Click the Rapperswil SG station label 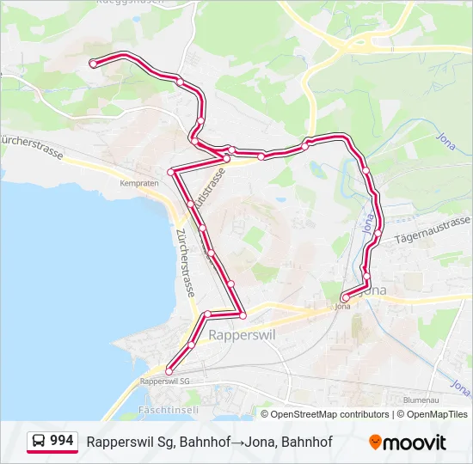coord(163,380)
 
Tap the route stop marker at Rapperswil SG coord(169,370)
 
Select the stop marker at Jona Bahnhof coord(345,298)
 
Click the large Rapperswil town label coord(242,335)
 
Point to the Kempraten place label coord(140,184)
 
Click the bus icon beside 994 coord(39,442)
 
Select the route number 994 coord(62,441)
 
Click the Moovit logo coord(408,443)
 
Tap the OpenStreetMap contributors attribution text coord(329,414)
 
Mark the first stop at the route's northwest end coord(93,62)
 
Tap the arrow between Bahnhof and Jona coord(236,442)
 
